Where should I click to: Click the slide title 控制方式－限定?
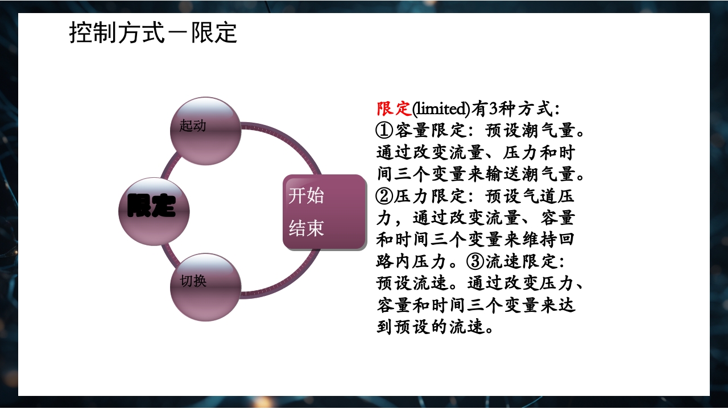click(153, 34)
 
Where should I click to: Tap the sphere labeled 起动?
click(206, 131)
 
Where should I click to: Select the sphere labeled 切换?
click(206, 287)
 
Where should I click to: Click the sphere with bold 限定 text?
click(154, 211)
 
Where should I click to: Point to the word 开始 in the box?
click(307, 195)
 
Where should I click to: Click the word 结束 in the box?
click(307, 228)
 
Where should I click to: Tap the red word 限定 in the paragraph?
click(394, 108)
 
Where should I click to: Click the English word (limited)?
click(441, 108)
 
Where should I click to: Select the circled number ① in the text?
click(385, 131)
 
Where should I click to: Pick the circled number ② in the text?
click(385, 197)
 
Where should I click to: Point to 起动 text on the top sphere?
click(193, 126)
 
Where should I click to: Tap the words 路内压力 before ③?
click(412, 261)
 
